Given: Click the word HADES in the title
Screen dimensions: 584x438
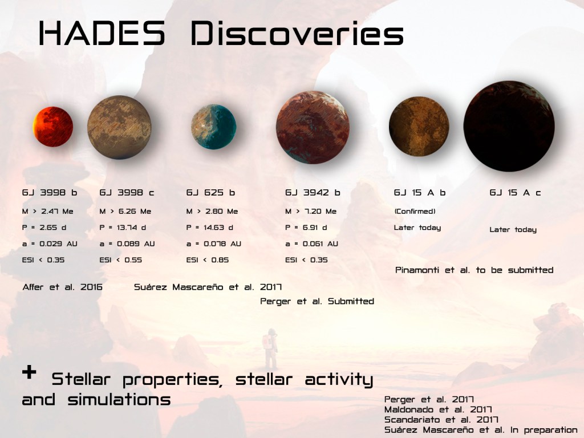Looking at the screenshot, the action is pos(102,33).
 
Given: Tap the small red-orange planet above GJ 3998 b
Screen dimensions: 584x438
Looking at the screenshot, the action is pos(53,127).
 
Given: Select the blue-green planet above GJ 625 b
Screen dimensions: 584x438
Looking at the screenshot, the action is pos(213,127).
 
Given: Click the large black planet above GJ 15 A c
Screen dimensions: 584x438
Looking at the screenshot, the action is pos(509,126).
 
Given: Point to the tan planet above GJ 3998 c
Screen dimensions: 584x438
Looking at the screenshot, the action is pos(119,127).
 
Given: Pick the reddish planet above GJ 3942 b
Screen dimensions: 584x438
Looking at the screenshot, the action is pos(313,127).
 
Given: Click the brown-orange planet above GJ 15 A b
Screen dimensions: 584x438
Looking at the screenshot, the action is pos(419,126).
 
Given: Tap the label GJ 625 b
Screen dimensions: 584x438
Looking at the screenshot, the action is pos(210,193).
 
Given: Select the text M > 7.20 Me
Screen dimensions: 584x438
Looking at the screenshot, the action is pos(311,211).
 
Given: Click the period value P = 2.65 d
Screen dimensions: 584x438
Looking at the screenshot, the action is pos(44,227).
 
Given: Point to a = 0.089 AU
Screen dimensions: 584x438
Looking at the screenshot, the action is pos(127,244).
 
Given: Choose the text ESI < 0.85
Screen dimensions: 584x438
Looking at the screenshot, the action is pos(208,260).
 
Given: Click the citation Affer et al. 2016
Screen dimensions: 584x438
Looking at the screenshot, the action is pos(62,287).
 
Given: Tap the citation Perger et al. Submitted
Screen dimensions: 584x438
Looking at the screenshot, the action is pos(317,301).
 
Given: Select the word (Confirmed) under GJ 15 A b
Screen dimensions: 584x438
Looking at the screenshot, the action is pos(415,211).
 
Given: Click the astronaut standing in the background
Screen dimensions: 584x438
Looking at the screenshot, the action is pos(270,348).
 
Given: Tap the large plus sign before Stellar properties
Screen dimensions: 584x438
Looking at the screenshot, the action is pos(29,372).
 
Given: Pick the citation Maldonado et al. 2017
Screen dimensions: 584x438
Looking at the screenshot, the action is pos(438,409).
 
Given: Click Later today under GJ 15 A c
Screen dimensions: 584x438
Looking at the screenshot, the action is pos(513,229).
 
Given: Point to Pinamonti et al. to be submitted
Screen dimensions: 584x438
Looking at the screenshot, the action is pos(474,270).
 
